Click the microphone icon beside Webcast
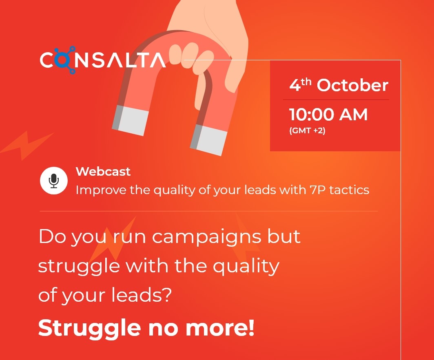54,181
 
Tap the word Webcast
103,172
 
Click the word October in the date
352,85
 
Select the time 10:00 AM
328,115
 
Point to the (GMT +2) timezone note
307,130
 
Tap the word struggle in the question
79,267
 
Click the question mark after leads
166,295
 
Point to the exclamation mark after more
251,328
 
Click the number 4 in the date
295,85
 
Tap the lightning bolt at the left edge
26,146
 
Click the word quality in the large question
246,267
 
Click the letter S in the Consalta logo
97,60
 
